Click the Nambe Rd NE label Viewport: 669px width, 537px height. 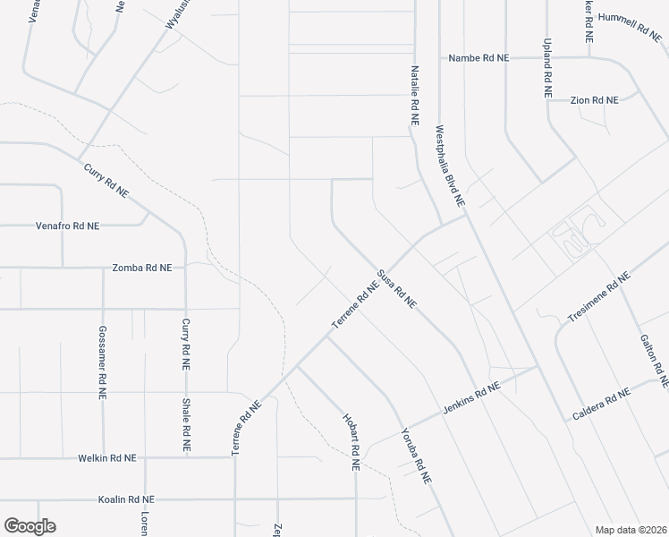click(x=478, y=57)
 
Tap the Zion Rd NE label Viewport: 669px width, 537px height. click(x=595, y=100)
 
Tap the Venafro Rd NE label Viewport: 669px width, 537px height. click(x=67, y=226)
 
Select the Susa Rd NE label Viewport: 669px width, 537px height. click(x=397, y=288)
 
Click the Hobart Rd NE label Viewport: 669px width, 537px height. click(x=351, y=442)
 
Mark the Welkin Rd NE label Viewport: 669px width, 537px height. click(x=106, y=457)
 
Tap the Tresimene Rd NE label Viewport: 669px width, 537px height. click(x=599, y=298)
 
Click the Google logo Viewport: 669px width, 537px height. click(x=30, y=526)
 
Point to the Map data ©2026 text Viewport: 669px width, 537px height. click(x=630, y=530)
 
